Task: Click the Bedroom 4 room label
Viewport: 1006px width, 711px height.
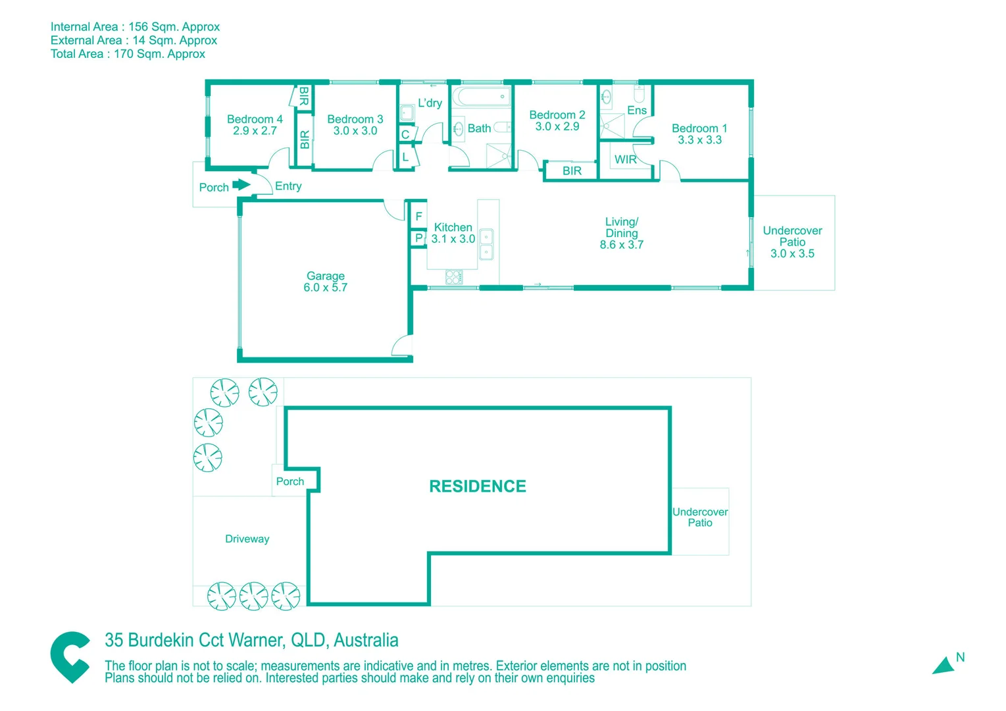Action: (x=255, y=119)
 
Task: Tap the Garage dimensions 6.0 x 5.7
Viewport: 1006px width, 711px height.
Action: (x=325, y=288)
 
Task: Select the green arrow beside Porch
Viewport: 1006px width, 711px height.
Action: (x=241, y=185)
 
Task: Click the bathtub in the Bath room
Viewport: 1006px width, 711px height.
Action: (x=481, y=97)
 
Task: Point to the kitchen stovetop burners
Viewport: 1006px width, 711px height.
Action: (x=454, y=276)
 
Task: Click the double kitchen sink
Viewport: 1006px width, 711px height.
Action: (x=486, y=244)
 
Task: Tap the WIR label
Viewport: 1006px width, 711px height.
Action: (x=625, y=159)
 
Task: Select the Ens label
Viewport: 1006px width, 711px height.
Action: (x=636, y=111)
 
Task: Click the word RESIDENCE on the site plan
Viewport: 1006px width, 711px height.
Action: (x=478, y=487)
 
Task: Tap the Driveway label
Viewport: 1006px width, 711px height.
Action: (x=247, y=539)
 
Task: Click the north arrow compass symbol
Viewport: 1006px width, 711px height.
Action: (x=945, y=666)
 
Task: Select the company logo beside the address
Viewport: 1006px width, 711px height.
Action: (x=70, y=657)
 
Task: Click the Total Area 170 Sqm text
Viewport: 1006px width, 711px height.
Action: (x=128, y=54)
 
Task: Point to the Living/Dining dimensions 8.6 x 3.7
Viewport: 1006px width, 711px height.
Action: (x=621, y=245)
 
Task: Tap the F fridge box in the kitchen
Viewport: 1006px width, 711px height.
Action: (x=418, y=216)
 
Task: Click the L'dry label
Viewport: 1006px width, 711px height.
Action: (x=430, y=103)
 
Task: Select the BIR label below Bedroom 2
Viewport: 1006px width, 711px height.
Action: (x=572, y=171)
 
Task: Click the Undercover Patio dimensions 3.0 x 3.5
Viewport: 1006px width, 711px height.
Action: (x=792, y=253)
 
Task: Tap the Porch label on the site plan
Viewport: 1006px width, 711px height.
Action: (x=290, y=482)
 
